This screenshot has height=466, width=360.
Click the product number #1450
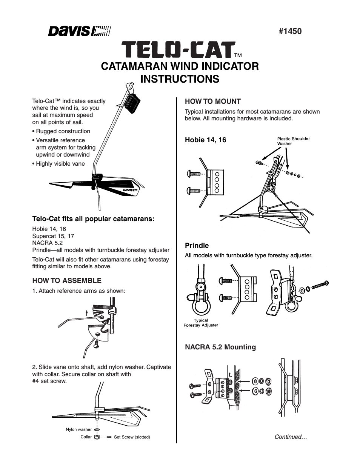(290, 31)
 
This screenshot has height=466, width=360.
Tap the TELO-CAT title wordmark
(178, 50)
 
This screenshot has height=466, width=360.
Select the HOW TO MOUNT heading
(212, 101)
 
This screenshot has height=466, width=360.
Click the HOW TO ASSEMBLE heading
(67, 280)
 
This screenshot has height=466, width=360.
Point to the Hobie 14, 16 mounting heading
(205, 140)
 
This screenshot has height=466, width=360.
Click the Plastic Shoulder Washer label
(293, 141)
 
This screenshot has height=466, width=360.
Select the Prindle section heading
(197, 245)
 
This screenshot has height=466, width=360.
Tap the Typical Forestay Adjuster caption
(201, 323)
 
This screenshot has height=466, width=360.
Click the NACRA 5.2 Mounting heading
(220, 347)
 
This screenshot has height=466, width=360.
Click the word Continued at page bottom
(290, 437)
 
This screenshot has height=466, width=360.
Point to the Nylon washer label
(78, 429)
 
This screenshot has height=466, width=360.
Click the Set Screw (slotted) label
(132, 437)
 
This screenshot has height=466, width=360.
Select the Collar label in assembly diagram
(86, 437)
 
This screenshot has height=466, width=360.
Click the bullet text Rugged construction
(63, 131)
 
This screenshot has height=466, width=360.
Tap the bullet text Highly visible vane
(60, 164)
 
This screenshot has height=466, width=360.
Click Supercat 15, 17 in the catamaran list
(53, 236)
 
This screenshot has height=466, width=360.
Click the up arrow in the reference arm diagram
(87, 312)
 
